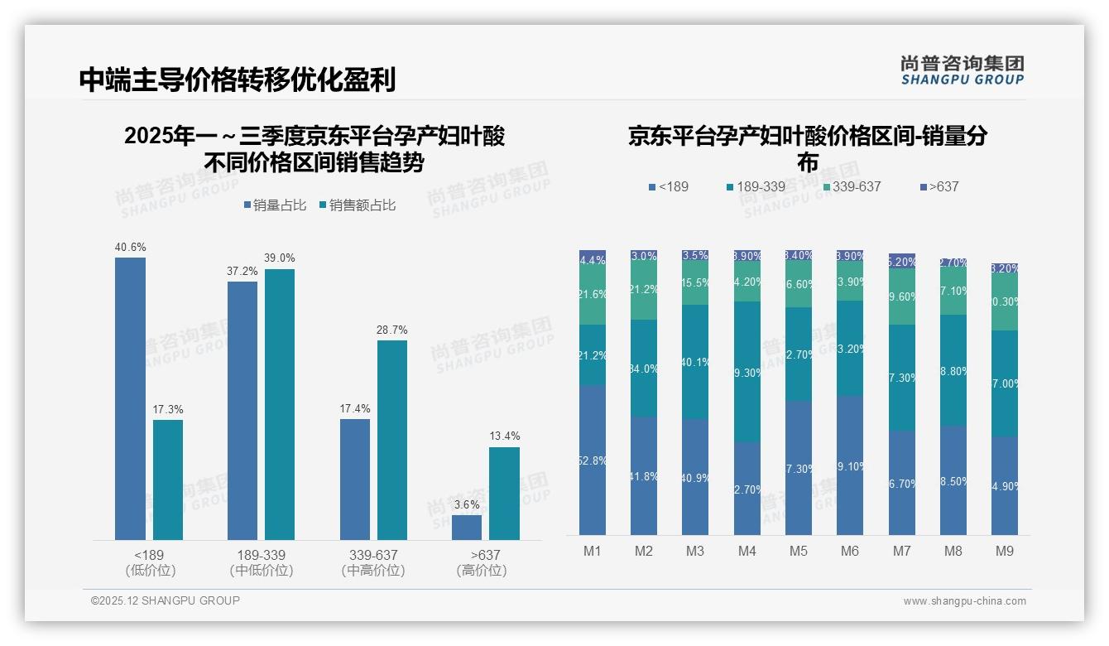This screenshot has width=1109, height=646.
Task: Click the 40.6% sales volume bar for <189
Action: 130,398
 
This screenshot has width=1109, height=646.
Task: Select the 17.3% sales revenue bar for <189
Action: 168,480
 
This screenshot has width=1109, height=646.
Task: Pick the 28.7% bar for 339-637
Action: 392,440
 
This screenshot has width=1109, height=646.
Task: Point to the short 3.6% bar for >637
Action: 467,528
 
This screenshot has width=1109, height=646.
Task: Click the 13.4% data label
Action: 504,436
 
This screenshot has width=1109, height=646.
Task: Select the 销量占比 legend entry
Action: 274,205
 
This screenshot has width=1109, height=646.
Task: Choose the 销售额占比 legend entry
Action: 357,205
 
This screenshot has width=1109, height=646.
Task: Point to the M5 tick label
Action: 798,551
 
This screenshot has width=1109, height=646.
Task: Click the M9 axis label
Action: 1005,551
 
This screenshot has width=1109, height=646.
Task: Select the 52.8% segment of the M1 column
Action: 593,460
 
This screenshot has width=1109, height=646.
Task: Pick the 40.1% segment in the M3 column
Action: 695,362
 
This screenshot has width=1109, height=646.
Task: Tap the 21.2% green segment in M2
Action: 644,290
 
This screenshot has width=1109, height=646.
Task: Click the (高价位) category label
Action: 481,571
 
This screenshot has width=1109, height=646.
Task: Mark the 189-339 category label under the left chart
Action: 262,555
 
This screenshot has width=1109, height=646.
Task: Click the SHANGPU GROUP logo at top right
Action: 962,70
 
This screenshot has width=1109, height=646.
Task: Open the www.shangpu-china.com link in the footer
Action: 964,601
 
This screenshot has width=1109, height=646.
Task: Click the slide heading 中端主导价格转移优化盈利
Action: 238,80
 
